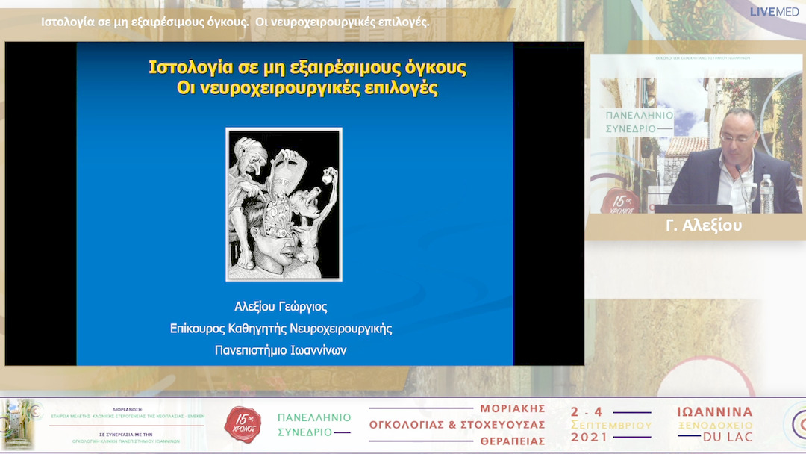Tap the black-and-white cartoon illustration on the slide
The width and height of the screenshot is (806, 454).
coord(284,204)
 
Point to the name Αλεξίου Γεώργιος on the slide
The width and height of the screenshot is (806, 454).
coord(281,307)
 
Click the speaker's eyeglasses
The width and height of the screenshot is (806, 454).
coord(737,137)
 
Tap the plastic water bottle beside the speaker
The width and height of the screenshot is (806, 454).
coord(766,194)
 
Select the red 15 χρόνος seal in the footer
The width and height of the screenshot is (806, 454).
coord(243,424)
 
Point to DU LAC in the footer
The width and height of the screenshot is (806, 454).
coord(715,437)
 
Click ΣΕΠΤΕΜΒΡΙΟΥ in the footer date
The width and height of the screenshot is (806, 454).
coord(611,425)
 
